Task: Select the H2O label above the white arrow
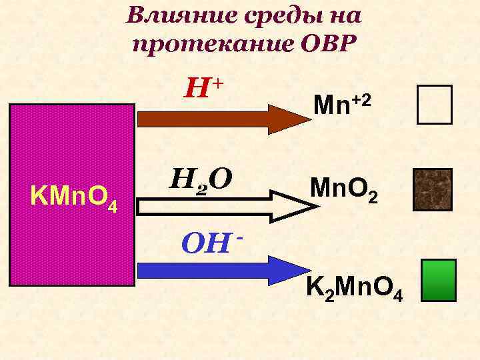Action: tap(201, 179)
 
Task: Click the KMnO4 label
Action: tap(74, 198)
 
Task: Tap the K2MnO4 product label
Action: tap(353, 288)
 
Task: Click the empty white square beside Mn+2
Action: tap(434, 105)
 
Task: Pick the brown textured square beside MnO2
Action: tap(433, 189)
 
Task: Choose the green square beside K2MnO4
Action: tap(439, 281)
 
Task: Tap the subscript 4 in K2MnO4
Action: tap(398, 295)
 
